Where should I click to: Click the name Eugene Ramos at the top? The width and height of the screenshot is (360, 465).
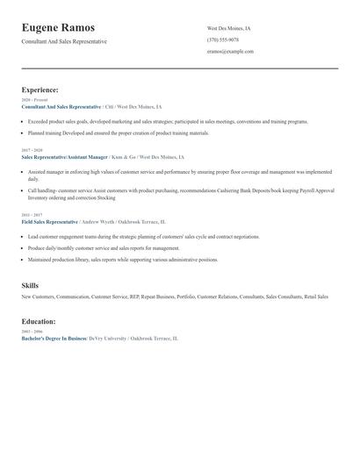[59, 28]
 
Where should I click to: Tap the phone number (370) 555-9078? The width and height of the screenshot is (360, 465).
[223, 39]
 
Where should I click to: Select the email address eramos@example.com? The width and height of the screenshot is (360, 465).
[230, 52]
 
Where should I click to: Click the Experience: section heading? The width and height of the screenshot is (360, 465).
[40, 89]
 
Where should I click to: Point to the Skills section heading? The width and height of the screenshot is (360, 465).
[30, 286]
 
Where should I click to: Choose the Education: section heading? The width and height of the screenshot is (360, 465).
[39, 322]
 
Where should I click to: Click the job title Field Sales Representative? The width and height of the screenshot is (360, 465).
[49, 222]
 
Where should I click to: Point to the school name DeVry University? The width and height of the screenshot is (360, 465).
[108, 338]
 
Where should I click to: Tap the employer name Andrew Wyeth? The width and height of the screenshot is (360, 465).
[99, 222]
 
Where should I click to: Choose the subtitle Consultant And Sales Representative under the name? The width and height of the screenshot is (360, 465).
[64, 41]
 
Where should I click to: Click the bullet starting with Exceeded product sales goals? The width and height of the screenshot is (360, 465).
[167, 121]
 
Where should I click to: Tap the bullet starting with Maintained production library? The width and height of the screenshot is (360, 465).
[123, 260]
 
